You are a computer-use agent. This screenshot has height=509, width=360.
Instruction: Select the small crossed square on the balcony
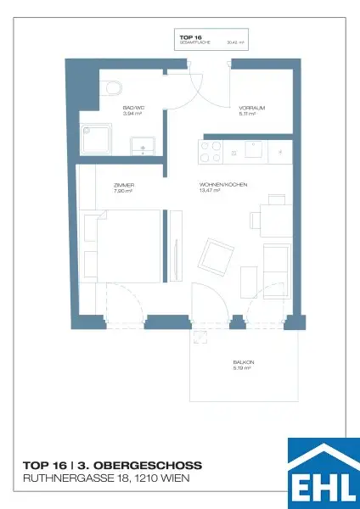click(201, 337)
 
